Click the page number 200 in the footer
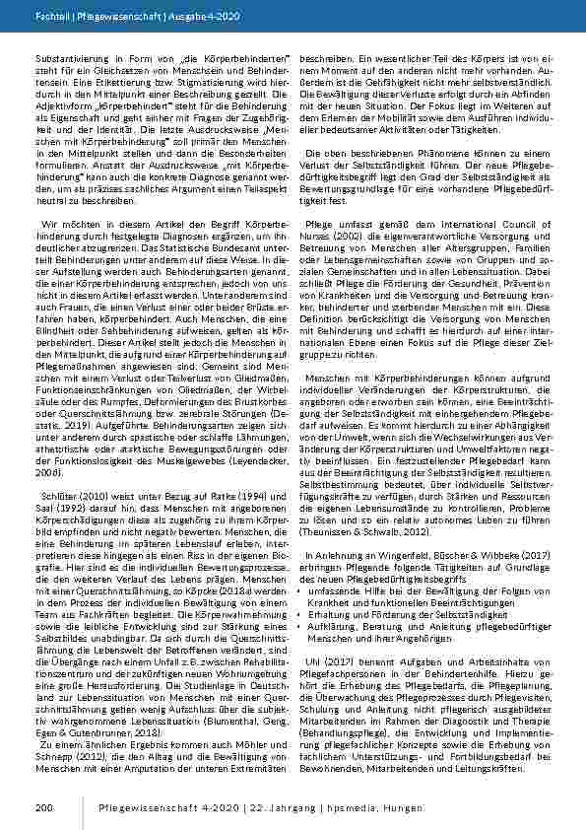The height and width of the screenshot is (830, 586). coord(43,808)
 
